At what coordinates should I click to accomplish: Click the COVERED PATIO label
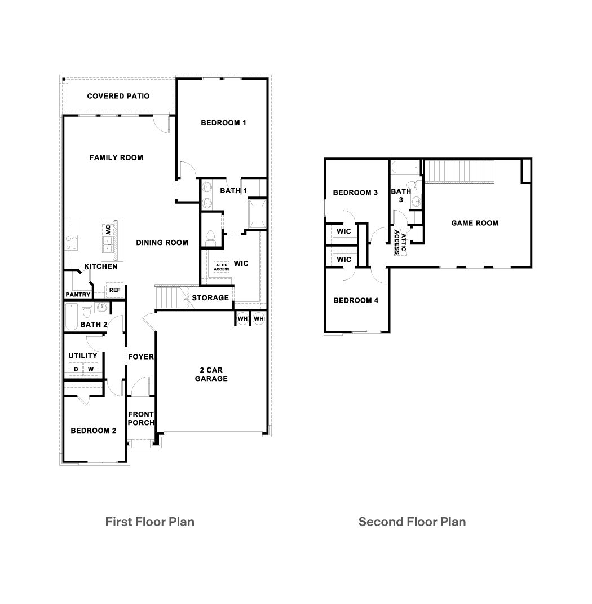pos(118,96)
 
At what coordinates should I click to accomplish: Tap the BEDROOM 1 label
pos(223,122)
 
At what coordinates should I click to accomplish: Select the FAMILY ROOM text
pos(116,157)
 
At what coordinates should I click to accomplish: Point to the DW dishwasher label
pos(107,230)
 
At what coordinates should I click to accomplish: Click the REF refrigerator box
pos(114,290)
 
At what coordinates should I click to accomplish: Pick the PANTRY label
pos(78,295)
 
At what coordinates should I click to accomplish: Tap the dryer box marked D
pos(75,369)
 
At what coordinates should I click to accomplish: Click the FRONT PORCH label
pos(140,418)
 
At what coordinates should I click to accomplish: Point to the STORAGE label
pos(211,297)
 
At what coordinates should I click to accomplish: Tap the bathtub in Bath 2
pos(71,317)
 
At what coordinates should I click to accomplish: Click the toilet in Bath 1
pos(211,238)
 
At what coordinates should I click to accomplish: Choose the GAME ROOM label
pos(475,223)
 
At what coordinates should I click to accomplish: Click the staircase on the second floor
pos(459,171)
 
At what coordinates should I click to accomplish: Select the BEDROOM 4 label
pos(356,300)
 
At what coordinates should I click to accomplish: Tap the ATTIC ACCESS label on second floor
pos(400,242)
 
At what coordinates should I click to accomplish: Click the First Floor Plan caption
pos(150,521)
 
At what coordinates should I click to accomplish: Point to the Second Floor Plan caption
pos(412,521)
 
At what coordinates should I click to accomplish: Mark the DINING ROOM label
pos(162,243)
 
